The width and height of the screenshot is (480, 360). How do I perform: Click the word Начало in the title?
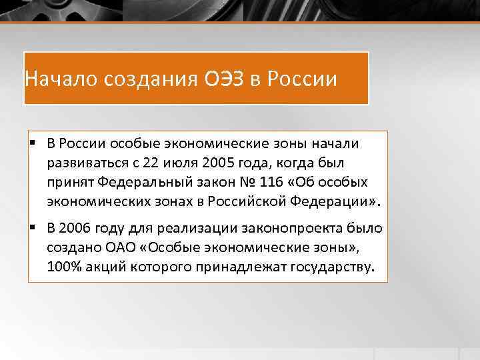tap(59, 79)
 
